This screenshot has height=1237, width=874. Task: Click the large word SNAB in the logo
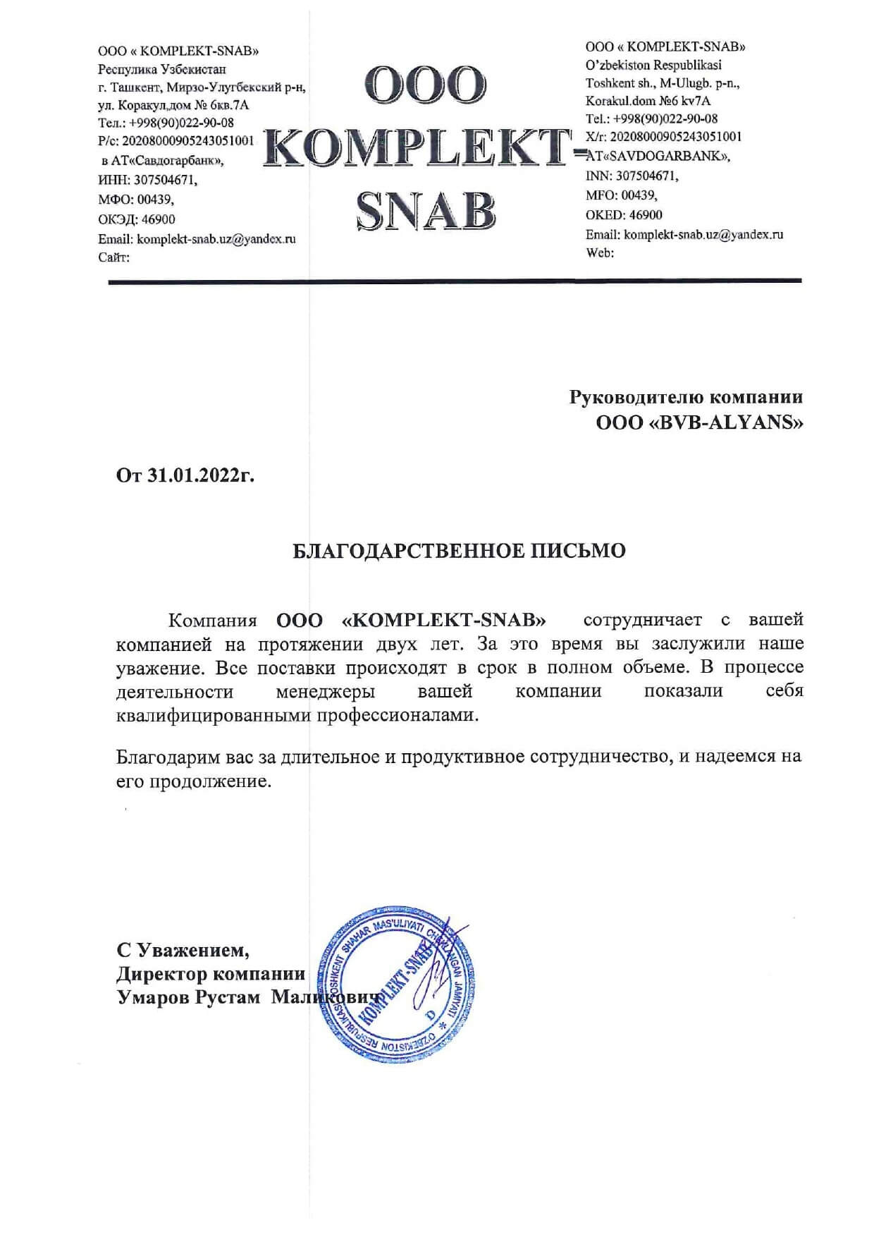pyautogui.click(x=426, y=209)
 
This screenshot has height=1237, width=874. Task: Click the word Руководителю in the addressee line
pyautogui.click(x=636, y=397)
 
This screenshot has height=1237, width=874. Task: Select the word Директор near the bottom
pyautogui.click(x=161, y=975)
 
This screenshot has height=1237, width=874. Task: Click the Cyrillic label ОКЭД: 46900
pyautogui.click(x=137, y=219)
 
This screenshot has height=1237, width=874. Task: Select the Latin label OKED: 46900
pyautogui.click(x=624, y=215)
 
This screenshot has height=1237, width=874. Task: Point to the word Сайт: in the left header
pyautogui.click(x=113, y=258)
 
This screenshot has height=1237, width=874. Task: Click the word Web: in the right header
pyautogui.click(x=600, y=252)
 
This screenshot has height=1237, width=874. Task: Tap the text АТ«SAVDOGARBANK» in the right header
pyautogui.click(x=658, y=156)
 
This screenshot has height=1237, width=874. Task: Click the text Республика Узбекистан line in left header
pyautogui.click(x=162, y=70)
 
